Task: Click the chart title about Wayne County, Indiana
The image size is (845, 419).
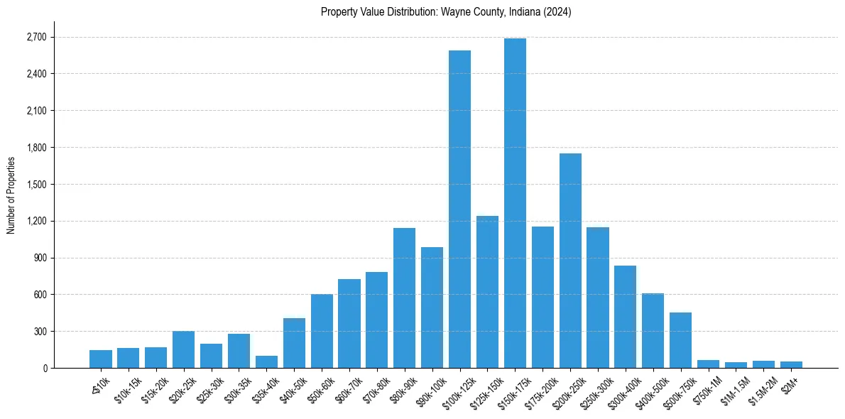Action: (446, 12)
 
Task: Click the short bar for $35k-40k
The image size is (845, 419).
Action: (266, 361)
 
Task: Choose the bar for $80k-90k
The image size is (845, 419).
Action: (404, 298)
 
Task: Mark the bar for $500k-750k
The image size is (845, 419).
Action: (680, 340)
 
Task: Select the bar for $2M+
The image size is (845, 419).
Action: (791, 364)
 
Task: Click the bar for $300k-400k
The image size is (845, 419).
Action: (625, 317)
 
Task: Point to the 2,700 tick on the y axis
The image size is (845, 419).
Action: (36, 37)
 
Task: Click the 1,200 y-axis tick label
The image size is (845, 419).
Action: (36, 221)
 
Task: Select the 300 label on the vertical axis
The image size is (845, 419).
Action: (39, 331)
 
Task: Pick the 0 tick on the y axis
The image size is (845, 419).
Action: (44, 368)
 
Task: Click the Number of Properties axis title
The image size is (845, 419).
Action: (11, 195)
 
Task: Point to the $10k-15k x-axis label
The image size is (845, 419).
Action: (126, 389)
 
